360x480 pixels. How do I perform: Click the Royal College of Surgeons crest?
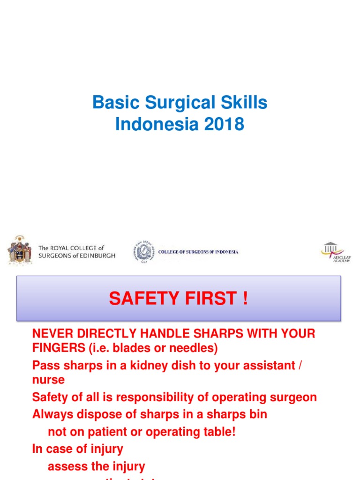click(19, 249)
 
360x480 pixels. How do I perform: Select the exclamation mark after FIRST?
click(245, 299)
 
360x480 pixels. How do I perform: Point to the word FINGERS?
click(56, 349)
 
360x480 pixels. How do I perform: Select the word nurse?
click(48, 380)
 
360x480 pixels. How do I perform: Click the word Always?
click(52, 414)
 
